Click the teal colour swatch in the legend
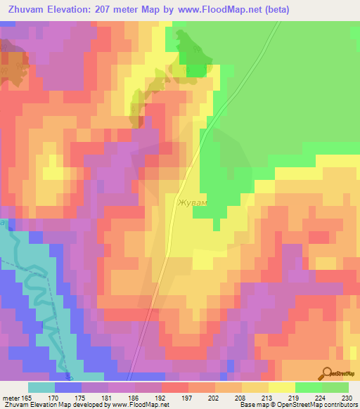(x=41, y=387)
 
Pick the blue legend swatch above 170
(x=68, y=387)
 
